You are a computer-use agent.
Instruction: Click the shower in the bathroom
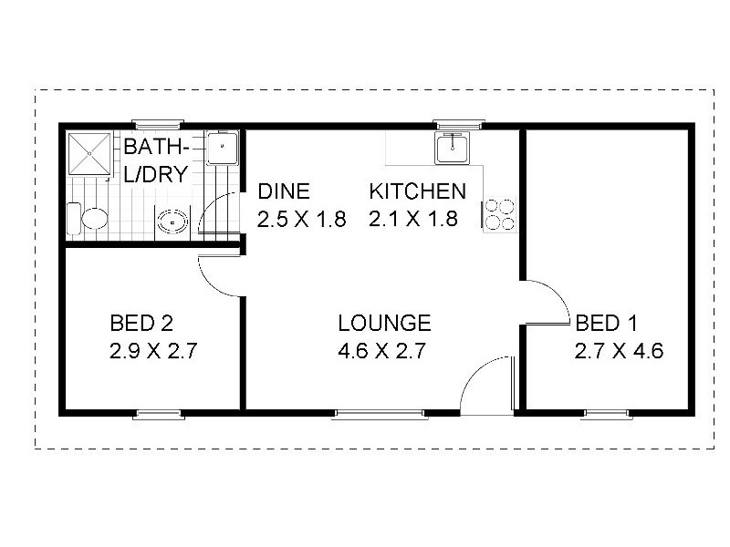(x=90, y=154)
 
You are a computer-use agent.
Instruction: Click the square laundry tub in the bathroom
(x=222, y=148)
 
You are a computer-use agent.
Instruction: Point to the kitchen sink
(x=452, y=147)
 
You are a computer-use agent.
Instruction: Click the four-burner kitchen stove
(x=499, y=213)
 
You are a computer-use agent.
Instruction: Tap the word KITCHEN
(x=417, y=191)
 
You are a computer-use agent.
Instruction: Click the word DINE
(x=284, y=191)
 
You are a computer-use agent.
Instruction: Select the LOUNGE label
(x=383, y=323)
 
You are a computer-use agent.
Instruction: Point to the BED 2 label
(x=141, y=323)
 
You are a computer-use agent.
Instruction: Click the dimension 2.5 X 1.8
(x=302, y=220)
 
